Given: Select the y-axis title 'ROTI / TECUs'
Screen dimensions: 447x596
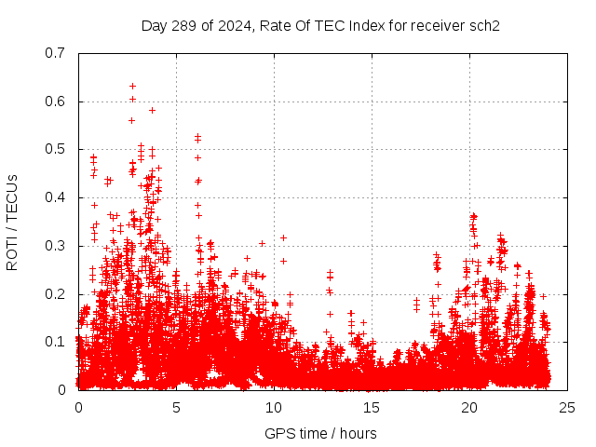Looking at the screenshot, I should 12,222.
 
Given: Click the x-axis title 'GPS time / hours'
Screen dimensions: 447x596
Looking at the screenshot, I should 320,433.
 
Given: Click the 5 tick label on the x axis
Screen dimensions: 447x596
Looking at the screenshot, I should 176,408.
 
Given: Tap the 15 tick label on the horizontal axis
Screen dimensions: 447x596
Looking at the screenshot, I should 372,408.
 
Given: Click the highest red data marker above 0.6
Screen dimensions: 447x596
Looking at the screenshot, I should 132,86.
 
